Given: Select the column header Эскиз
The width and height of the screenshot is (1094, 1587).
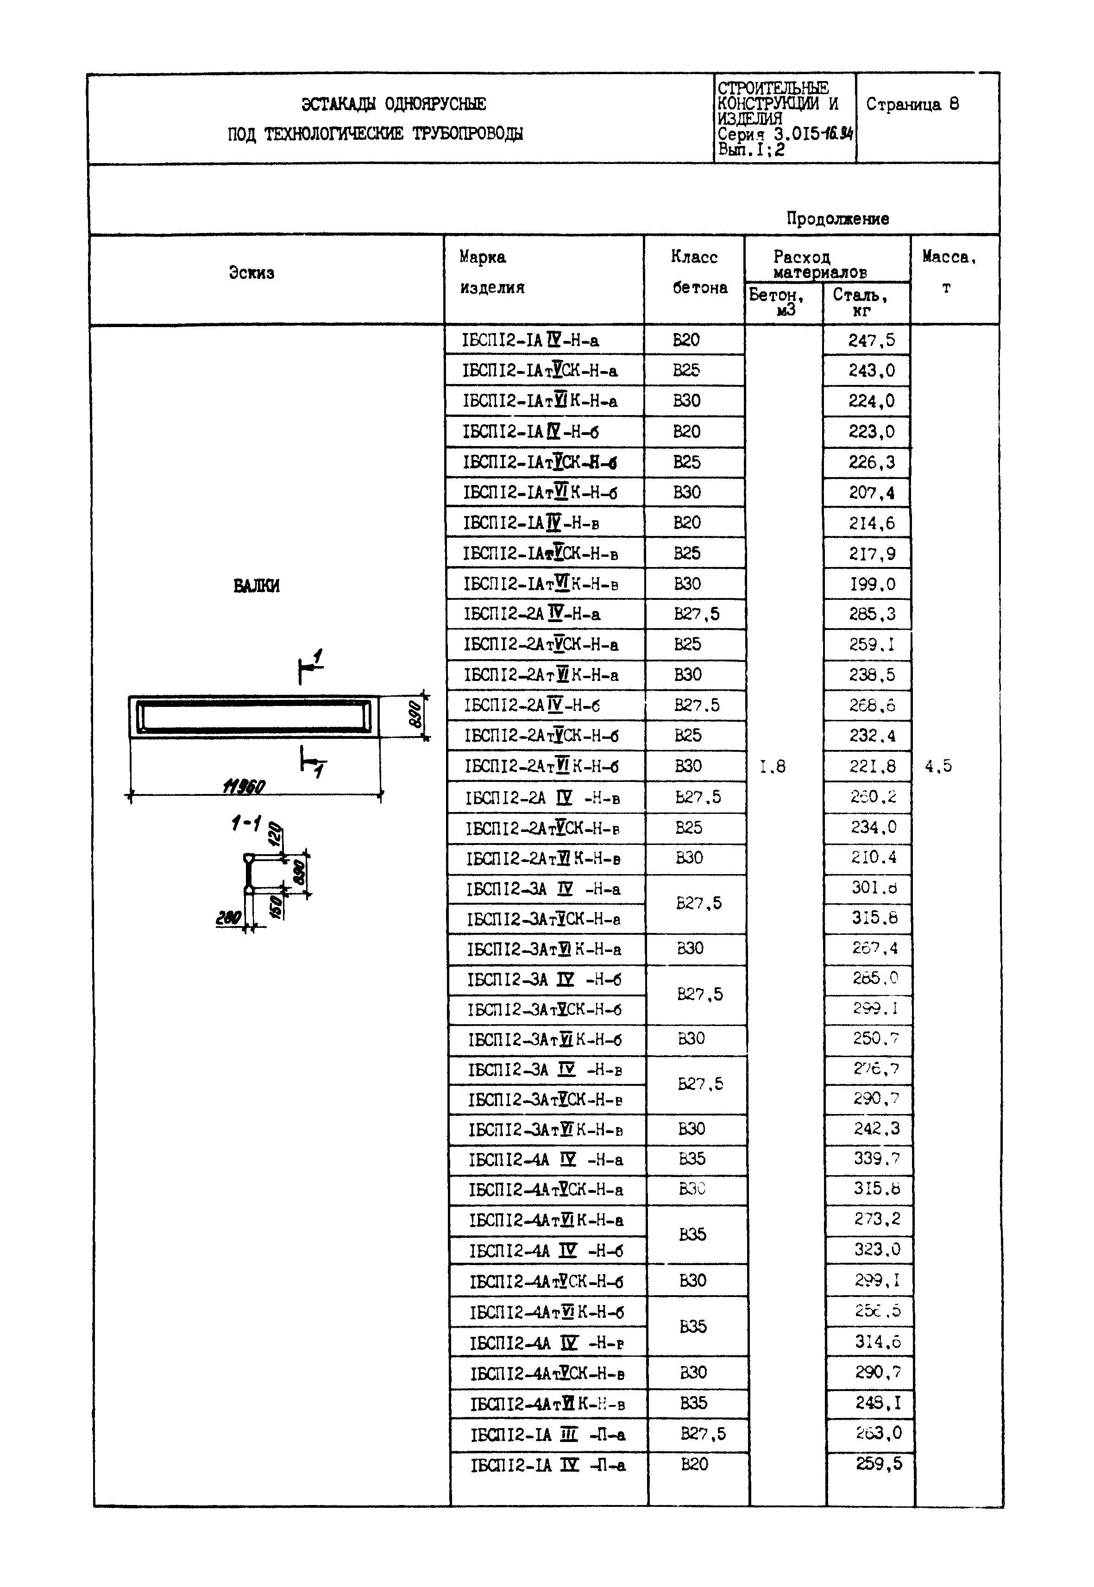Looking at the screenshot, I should click(x=251, y=273).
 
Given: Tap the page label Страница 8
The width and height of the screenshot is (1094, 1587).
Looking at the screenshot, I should click(x=912, y=104).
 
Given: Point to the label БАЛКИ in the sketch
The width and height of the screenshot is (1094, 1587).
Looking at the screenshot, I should click(x=257, y=586).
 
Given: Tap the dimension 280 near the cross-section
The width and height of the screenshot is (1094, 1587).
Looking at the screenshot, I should click(x=228, y=917).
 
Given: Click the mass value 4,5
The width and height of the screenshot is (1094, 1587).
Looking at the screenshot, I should click(x=938, y=767).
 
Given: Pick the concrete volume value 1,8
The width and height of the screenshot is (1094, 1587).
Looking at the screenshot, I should click(x=773, y=767).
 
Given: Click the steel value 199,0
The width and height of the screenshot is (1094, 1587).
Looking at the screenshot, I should click(x=872, y=584).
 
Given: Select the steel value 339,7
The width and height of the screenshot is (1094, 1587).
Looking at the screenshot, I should click(x=876, y=1159).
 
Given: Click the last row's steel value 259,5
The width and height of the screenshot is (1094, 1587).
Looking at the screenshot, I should click(x=879, y=1464).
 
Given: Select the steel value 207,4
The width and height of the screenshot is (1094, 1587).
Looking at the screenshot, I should click(x=871, y=493).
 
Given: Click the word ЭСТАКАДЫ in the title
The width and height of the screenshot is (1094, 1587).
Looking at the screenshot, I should click(x=339, y=104).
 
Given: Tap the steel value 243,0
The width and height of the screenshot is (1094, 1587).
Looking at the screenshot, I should click(x=871, y=371).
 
